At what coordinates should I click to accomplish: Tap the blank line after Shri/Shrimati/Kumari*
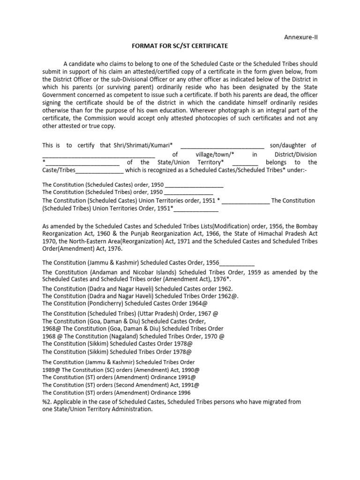click(222, 146)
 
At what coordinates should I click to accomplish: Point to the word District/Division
click(296, 154)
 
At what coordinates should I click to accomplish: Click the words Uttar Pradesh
click(152, 314)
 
